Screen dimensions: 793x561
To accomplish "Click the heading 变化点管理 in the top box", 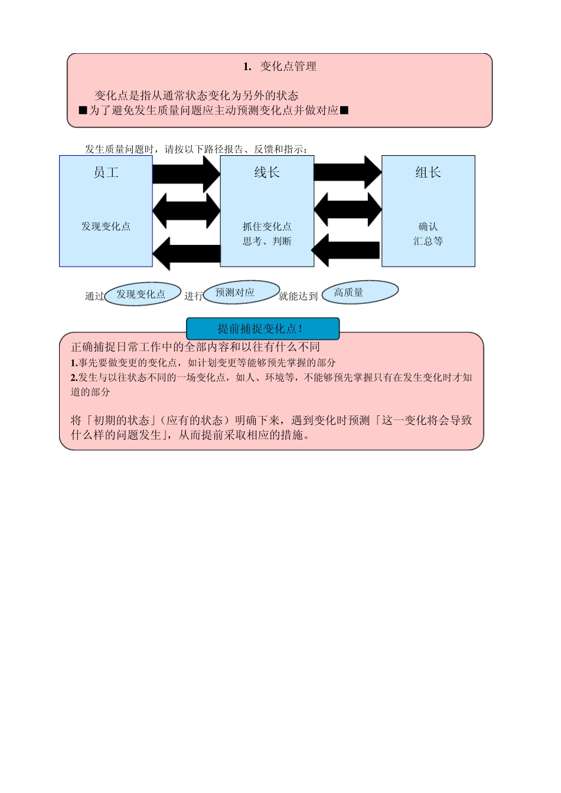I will [x=288, y=67].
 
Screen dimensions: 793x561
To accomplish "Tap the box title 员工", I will [x=106, y=172].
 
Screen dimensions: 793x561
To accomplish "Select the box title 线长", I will [x=267, y=172].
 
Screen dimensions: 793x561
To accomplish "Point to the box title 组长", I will [x=428, y=172].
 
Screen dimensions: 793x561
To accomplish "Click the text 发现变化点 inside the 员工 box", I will [x=106, y=227].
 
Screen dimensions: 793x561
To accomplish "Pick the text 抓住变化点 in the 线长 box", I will [x=267, y=227].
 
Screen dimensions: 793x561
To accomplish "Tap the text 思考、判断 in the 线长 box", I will [x=267, y=241].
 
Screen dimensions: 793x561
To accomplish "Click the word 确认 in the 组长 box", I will [x=428, y=227].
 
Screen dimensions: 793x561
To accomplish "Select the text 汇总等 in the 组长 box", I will [x=428, y=241].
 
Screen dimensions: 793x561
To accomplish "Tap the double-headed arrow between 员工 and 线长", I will [x=186, y=211].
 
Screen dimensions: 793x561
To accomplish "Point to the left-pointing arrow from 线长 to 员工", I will [x=186, y=253].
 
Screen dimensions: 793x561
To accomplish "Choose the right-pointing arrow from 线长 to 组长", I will [x=347, y=172].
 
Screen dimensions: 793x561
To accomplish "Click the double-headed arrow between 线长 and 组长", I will [x=347, y=209].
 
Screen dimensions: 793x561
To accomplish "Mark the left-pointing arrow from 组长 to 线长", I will [x=346, y=250].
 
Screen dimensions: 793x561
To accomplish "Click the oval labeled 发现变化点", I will [x=142, y=294].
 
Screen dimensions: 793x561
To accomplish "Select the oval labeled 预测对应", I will [x=241, y=292].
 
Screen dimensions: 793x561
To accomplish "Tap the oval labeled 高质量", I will [x=360, y=292].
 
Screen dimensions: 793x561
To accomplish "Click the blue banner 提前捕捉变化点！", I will [x=263, y=329].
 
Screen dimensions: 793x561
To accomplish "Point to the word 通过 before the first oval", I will [x=94, y=296].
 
